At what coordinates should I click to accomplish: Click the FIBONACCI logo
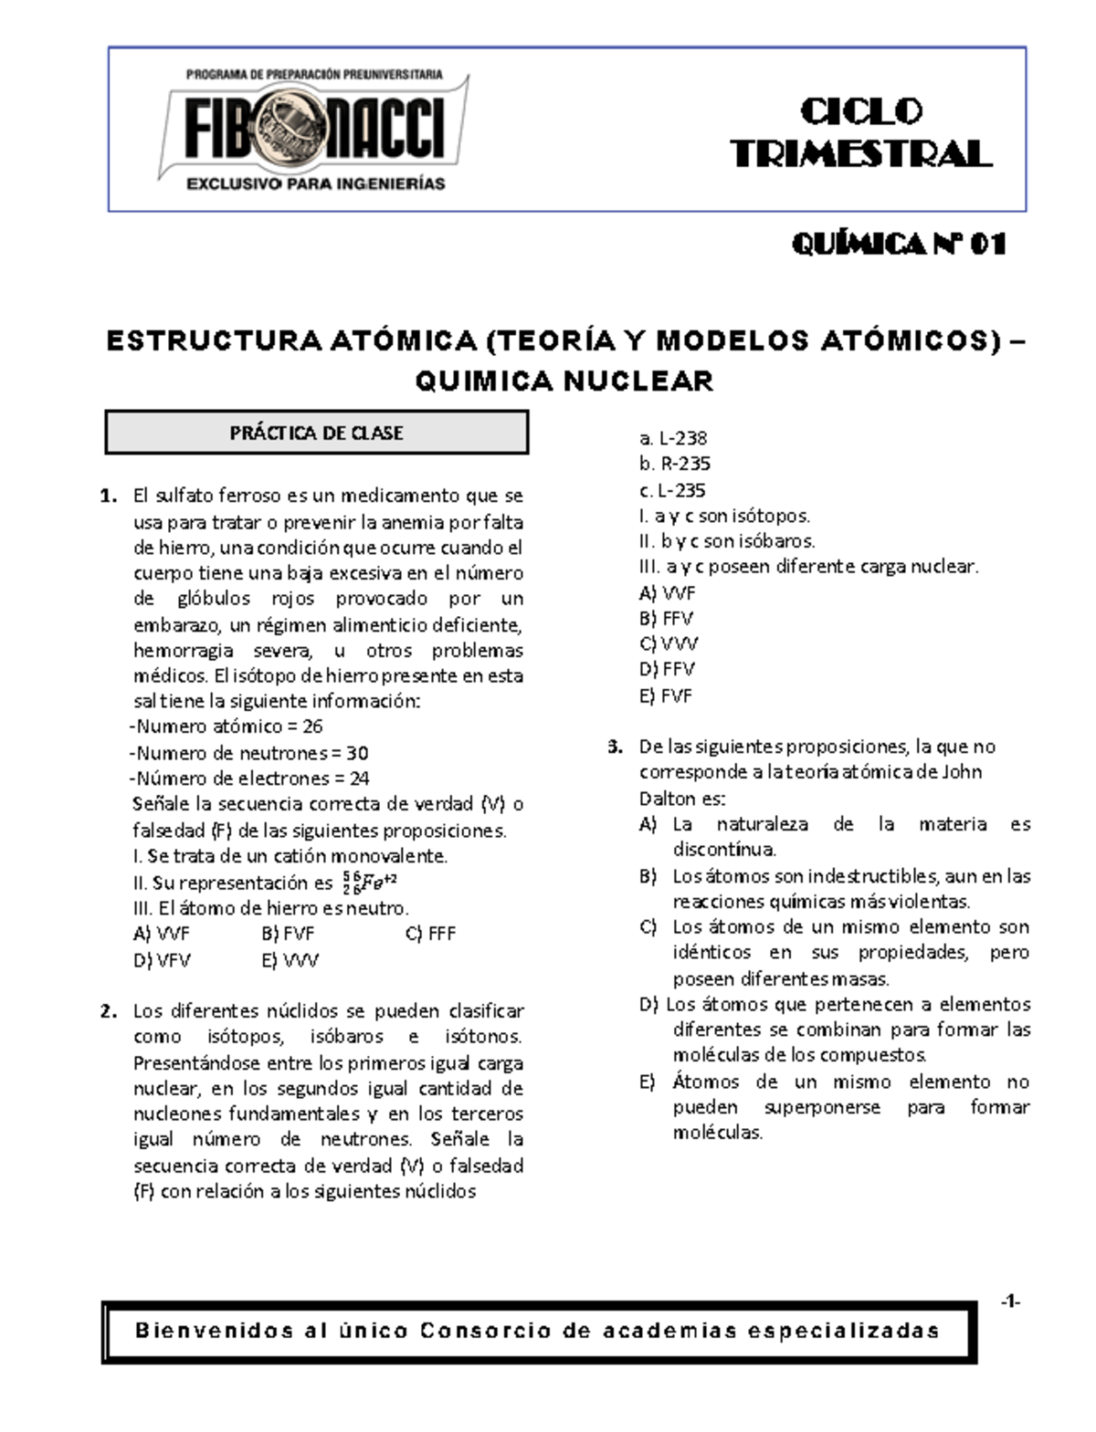click(315, 130)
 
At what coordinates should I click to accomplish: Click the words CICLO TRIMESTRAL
click(860, 133)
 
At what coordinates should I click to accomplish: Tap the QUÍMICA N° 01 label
click(899, 245)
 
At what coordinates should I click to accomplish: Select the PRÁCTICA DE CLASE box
click(317, 433)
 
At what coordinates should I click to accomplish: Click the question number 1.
click(110, 496)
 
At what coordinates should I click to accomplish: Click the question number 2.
click(110, 1011)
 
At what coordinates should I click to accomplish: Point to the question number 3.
click(616, 747)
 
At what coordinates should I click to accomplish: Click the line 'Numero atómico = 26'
click(227, 726)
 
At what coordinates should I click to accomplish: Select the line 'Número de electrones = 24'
click(249, 779)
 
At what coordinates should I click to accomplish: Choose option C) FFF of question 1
click(429, 934)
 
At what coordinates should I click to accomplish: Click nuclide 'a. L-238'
click(673, 438)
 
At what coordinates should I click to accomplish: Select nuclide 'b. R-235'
click(675, 464)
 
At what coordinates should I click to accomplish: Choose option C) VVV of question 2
click(669, 643)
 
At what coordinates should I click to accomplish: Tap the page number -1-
click(1009, 1302)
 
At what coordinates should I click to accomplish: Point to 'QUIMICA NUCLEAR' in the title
click(564, 381)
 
